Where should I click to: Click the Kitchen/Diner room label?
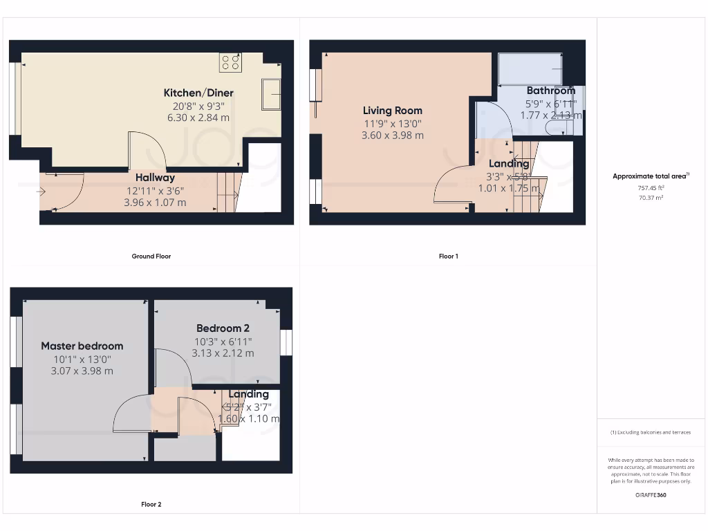click(198, 93)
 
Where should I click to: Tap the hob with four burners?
click(230, 63)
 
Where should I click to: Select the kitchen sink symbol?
click(271, 94)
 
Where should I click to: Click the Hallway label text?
click(155, 178)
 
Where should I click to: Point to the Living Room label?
click(393, 111)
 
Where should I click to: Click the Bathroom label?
click(550, 91)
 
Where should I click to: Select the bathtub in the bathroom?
click(530, 68)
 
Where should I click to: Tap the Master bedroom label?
click(82, 346)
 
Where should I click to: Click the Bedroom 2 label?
click(223, 328)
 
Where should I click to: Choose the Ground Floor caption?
click(151, 257)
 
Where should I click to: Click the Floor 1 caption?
click(448, 257)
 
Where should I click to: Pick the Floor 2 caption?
click(151, 505)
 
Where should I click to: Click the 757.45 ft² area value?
click(651, 187)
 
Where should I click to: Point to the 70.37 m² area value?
click(651, 198)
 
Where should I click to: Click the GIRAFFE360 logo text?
click(651, 495)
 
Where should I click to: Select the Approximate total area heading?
click(650, 176)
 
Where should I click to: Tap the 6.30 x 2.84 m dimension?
click(198, 118)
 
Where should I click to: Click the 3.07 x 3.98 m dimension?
click(82, 371)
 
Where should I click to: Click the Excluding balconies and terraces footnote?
click(650, 433)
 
